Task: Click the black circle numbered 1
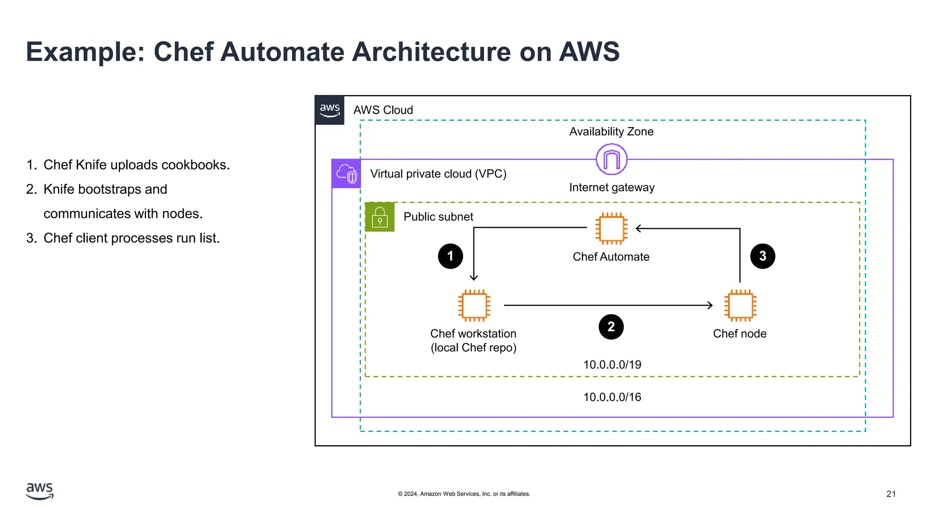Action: [x=450, y=256]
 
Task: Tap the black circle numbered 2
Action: [x=611, y=326]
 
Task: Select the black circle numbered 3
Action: [x=763, y=256]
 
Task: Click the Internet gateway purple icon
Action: [x=611, y=159]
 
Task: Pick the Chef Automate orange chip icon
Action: [x=611, y=228]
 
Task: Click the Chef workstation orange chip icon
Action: [x=474, y=305]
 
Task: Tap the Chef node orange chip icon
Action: [x=740, y=305]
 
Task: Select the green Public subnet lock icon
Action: [x=380, y=217]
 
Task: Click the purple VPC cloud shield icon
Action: [x=347, y=174]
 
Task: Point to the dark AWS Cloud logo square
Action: [x=330, y=110]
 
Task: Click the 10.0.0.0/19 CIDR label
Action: [x=612, y=365]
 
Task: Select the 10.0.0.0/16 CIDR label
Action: [x=612, y=397]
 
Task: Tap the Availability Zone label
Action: [x=611, y=132]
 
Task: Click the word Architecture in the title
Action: [x=431, y=52]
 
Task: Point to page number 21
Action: [x=891, y=494]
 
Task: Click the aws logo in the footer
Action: [x=40, y=491]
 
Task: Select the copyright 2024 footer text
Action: [x=464, y=494]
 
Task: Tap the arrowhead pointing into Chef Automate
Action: [x=638, y=228]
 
